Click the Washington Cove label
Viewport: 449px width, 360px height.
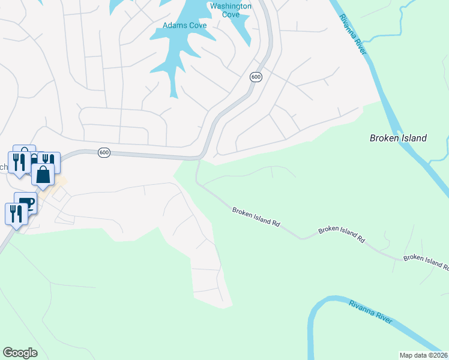coord(231,11)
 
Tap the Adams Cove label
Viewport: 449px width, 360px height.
coord(185,25)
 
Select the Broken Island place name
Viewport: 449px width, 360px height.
coord(397,138)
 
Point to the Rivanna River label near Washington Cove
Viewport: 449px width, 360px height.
coord(353,35)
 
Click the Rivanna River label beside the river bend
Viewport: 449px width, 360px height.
coord(371,313)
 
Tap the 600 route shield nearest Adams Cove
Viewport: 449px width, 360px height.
coord(256,77)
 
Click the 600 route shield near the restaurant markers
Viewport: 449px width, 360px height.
coord(104,152)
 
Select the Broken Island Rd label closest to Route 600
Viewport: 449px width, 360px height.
coord(256,217)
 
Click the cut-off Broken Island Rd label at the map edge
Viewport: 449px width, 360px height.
coord(426,261)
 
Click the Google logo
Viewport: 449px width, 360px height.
coord(20,353)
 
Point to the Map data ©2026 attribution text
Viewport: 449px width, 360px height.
coord(424,355)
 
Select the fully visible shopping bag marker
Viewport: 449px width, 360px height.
coord(43,175)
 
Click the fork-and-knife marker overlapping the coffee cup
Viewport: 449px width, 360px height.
coord(16,213)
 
